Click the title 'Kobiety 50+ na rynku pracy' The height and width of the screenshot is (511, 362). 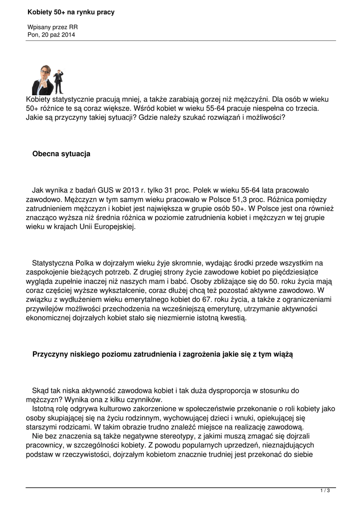(x=71, y=12)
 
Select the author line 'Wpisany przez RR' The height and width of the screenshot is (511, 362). (x=52, y=27)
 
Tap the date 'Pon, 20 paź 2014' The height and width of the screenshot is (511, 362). (x=52, y=34)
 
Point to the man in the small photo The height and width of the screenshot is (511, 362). (x=59, y=81)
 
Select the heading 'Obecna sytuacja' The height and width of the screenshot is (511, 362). (x=61, y=154)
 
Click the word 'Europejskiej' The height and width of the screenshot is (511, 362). (x=114, y=226)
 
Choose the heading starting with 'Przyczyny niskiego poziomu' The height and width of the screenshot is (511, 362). (x=162, y=354)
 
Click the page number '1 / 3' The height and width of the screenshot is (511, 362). (x=325, y=491)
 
